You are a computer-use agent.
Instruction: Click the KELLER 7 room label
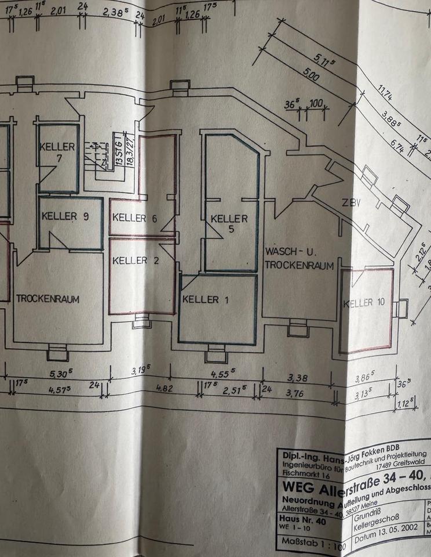[x=57, y=151]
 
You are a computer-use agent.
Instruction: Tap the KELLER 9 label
[x=65, y=216]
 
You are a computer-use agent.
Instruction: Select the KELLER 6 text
[x=135, y=218]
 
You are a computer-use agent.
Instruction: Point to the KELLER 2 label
[x=135, y=261]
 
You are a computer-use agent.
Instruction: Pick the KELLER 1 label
[x=201, y=299]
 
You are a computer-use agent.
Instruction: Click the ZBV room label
[x=351, y=203]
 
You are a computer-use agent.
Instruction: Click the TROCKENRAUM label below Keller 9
[x=48, y=299]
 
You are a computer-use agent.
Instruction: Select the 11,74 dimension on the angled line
[x=385, y=94]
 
